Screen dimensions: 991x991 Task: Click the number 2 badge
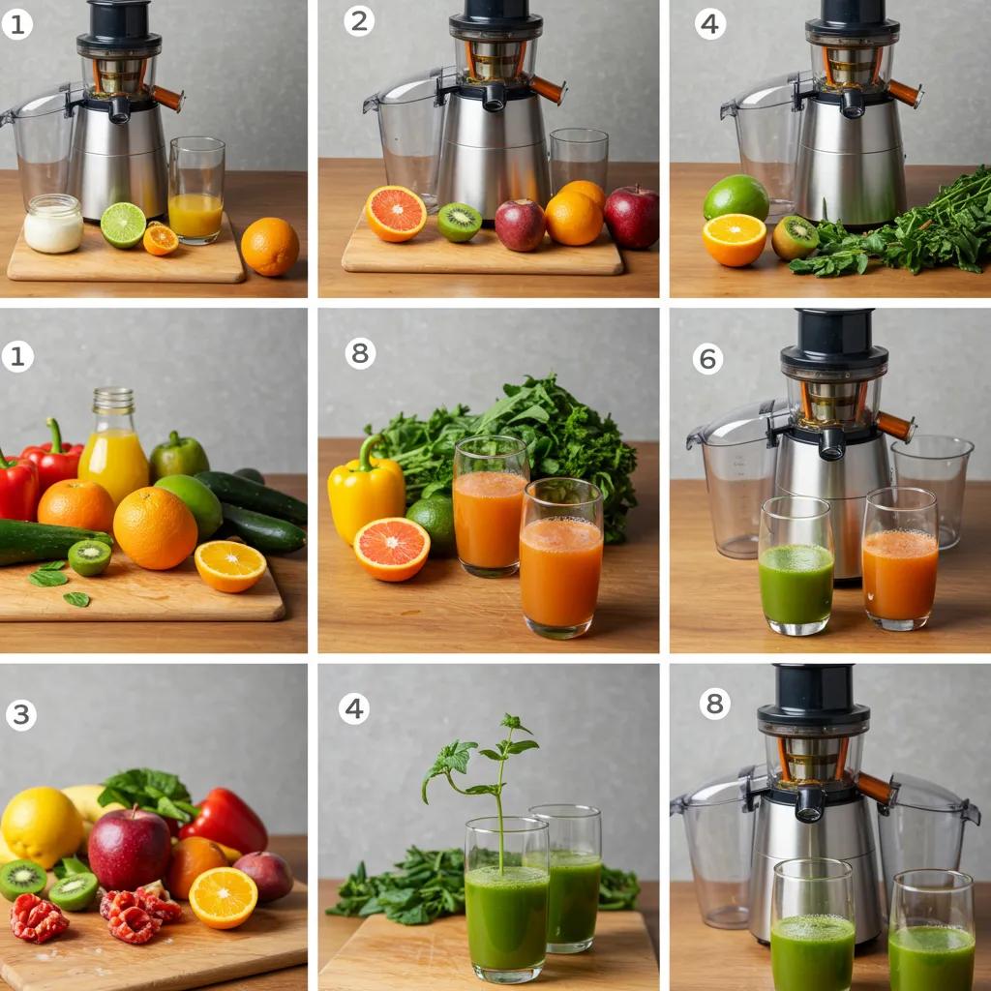point(359,21)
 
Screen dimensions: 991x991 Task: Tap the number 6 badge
point(707,359)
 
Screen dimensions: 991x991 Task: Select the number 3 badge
point(21,715)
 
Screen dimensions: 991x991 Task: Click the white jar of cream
point(53,224)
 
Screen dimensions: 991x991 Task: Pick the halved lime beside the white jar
point(123,225)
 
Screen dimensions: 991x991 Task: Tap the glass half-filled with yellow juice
point(195,191)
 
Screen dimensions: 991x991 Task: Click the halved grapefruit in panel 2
point(396,214)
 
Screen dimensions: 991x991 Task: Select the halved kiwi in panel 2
point(460,222)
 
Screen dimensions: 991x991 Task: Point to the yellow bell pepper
point(365,490)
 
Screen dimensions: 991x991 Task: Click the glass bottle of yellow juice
point(113,445)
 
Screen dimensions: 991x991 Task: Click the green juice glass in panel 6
point(796,565)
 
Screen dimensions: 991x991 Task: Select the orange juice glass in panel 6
point(899,558)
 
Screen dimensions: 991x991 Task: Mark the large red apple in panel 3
point(130,849)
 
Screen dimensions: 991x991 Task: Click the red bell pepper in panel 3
point(225,820)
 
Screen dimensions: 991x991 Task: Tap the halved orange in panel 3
point(224,897)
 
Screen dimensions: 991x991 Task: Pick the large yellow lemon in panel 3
point(42,826)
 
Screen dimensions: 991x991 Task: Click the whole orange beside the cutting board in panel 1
point(270,247)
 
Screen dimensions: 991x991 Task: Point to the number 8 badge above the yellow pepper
point(360,352)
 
